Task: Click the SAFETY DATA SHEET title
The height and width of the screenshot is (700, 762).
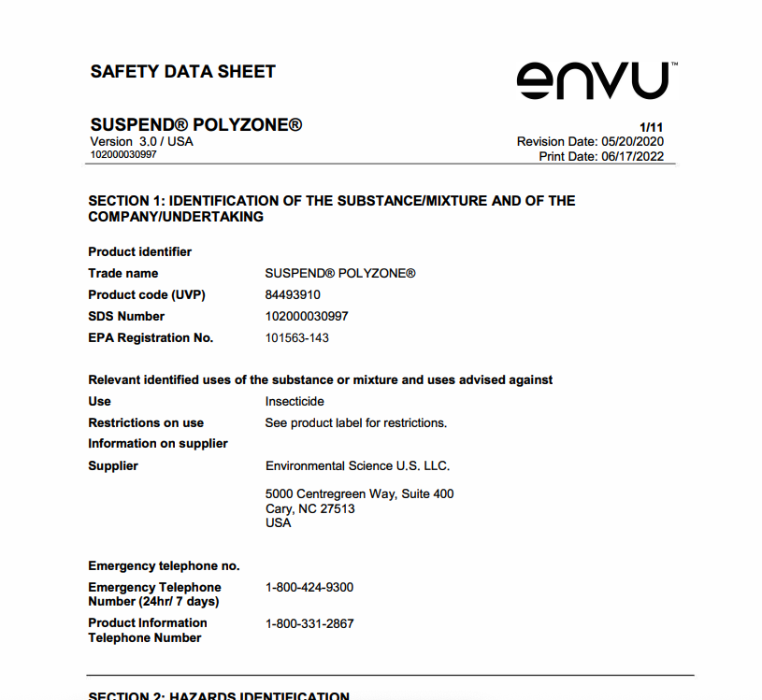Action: pyautogui.click(x=182, y=72)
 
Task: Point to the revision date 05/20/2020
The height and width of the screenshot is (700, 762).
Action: pyautogui.click(x=632, y=141)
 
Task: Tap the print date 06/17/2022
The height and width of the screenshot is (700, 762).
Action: pyautogui.click(x=632, y=156)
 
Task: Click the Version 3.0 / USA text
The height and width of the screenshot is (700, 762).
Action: pyautogui.click(x=141, y=141)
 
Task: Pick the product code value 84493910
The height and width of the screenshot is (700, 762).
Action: pyautogui.click(x=293, y=294)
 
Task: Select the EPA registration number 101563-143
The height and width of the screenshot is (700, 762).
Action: pyautogui.click(x=296, y=337)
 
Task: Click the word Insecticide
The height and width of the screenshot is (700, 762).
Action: pyautogui.click(x=295, y=401)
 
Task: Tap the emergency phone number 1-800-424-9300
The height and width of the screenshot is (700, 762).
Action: pyautogui.click(x=309, y=587)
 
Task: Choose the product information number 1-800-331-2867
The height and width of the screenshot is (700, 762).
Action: pyautogui.click(x=309, y=623)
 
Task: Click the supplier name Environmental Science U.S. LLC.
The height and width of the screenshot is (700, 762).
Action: pyautogui.click(x=357, y=465)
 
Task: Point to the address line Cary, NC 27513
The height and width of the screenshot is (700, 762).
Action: pyautogui.click(x=309, y=508)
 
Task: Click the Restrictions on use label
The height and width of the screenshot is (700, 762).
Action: pyautogui.click(x=146, y=422)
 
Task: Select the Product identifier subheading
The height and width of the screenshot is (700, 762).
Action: pyautogui.click(x=139, y=251)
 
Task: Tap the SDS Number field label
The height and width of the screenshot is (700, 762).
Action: pyautogui.click(x=126, y=316)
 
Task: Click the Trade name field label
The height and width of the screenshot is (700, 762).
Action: pyautogui.click(x=123, y=273)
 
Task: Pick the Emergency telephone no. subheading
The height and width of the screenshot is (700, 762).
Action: pyautogui.click(x=164, y=565)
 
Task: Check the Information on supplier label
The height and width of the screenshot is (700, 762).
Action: pyautogui.click(x=158, y=443)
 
